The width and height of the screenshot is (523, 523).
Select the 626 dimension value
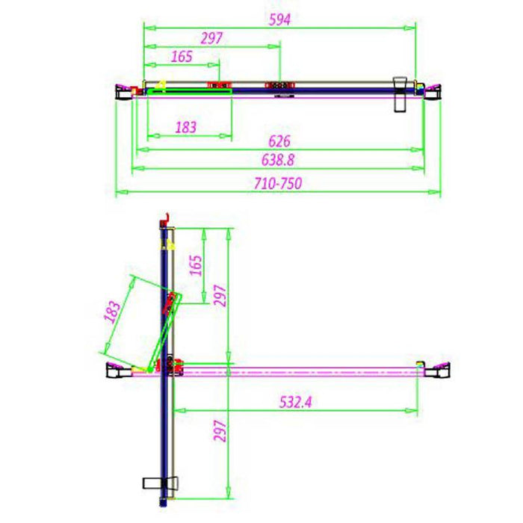click(x=279, y=141)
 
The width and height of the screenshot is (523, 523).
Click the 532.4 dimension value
click(x=296, y=402)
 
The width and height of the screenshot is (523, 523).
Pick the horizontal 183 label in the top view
click(x=185, y=128)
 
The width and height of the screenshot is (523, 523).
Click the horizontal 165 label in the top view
click(x=182, y=57)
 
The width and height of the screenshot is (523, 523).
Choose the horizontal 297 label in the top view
click(x=212, y=38)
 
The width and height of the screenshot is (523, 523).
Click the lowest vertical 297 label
click(x=219, y=432)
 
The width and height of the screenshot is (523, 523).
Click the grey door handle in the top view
click(x=402, y=93)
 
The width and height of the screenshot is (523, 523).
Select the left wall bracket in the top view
click(x=122, y=91)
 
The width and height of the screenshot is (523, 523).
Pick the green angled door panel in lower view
click(x=161, y=332)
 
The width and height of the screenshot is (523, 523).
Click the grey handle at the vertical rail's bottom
click(x=161, y=482)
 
